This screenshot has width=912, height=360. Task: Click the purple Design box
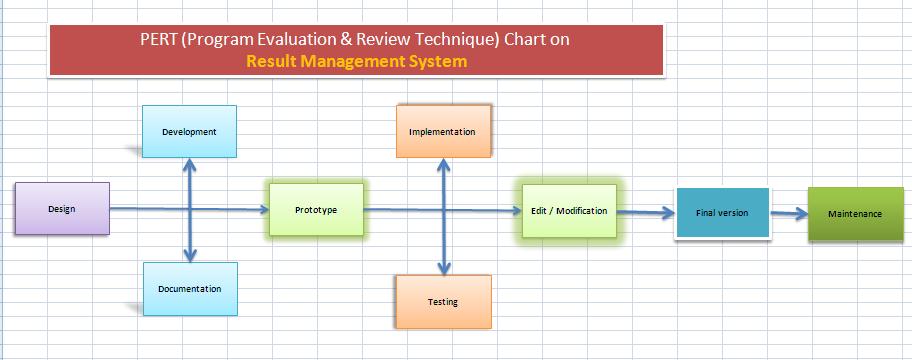[62, 209]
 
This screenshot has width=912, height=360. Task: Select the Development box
[189, 131]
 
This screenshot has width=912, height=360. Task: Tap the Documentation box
[190, 289]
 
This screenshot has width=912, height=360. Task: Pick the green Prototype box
[316, 210]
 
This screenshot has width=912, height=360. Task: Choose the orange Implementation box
[443, 131]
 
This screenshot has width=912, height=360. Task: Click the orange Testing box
[443, 302]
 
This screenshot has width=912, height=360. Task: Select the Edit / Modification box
[569, 211]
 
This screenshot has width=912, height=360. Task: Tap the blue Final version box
[722, 213]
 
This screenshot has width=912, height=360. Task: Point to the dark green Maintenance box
[856, 214]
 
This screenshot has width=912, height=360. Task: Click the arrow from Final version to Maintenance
[789, 213]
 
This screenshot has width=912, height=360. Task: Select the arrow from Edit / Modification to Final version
[646, 213]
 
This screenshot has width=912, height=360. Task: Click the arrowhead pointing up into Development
[189, 165]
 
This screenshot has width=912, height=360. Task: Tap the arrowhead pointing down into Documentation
[190, 255]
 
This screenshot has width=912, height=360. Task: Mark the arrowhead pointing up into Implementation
[443, 165]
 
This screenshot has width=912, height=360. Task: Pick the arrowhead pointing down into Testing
[444, 268]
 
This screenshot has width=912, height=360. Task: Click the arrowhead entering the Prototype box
[264, 209]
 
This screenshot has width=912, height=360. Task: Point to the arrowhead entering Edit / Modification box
[516, 211]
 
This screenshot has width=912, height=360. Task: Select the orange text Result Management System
[357, 61]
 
